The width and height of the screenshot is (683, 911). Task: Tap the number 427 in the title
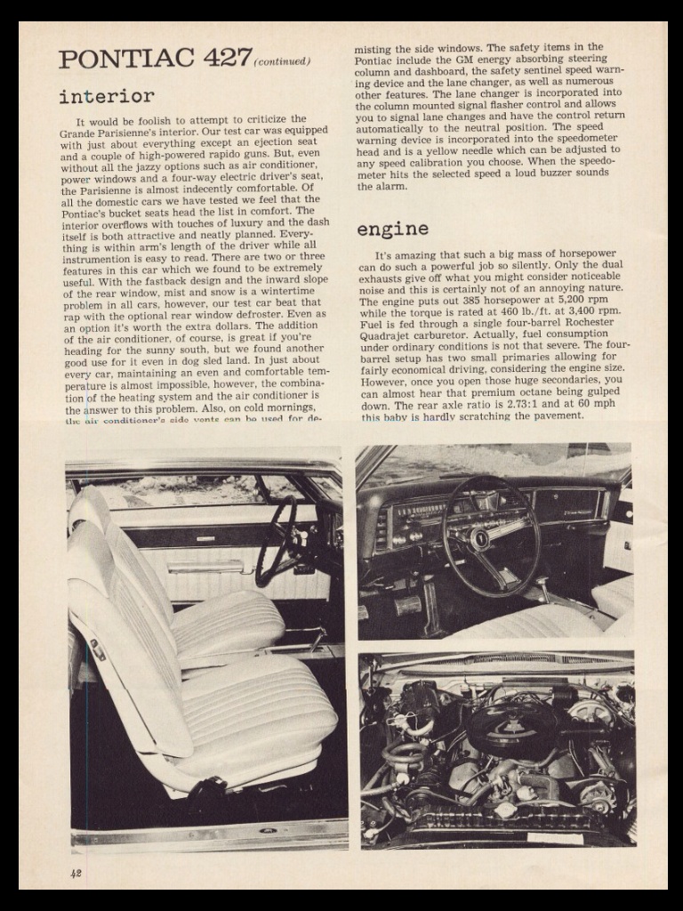click(227, 58)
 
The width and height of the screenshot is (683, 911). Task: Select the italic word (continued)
click(283, 61)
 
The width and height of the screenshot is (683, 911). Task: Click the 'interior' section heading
click(107, 96)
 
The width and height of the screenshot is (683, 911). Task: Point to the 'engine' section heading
click(392, 230)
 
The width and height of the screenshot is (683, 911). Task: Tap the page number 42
click(76, 873)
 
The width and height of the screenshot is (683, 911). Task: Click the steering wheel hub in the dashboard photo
click(481, 538)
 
